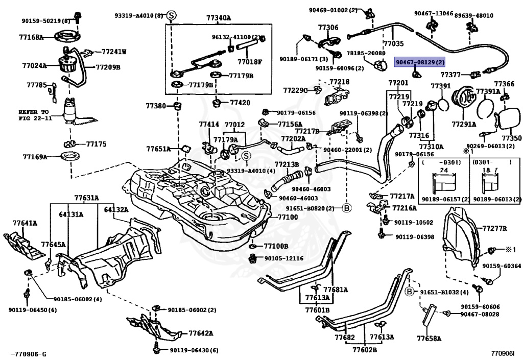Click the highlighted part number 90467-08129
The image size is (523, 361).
420,62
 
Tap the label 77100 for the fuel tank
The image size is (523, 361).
287,217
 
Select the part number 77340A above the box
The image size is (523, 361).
218,18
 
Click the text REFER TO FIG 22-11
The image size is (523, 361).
34,114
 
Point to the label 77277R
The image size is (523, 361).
494,228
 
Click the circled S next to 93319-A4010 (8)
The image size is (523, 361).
171,16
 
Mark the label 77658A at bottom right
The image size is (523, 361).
429,339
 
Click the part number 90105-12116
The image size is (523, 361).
284,258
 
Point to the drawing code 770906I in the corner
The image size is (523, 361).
503,353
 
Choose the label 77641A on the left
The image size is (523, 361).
25,223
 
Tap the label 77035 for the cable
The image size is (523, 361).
393,44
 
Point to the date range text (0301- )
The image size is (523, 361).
491,162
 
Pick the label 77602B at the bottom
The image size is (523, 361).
364,350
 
